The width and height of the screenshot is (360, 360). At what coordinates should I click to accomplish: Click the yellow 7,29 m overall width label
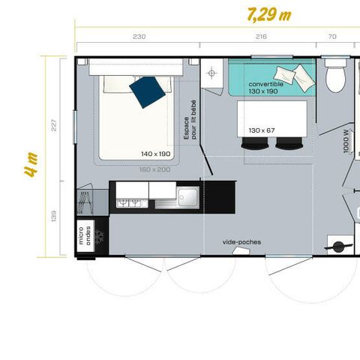point(268,15)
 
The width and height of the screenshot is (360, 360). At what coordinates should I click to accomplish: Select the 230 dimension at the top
point(139,37)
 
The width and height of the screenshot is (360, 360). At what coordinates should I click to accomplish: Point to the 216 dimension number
point(261,37)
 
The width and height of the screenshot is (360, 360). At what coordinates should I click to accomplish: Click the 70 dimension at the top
point(332,37)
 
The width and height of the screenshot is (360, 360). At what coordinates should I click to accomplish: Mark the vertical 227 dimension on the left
point(53,124)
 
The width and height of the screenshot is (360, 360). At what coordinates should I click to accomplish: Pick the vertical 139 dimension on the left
point(53,215)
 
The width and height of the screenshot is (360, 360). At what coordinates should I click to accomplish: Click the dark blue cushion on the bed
point(146,90)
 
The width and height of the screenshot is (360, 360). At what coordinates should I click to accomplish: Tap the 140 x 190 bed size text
point(156,154)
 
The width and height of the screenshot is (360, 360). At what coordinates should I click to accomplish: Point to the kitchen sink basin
point(186,198)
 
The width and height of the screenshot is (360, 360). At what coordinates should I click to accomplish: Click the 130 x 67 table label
point(262,130)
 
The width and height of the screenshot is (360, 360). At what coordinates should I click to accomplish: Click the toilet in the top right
point(334,75)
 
